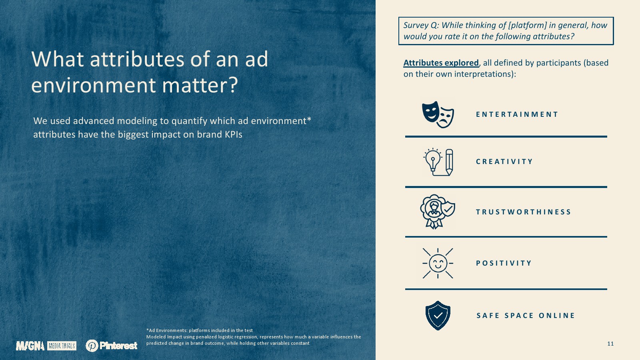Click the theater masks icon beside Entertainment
point(438,114)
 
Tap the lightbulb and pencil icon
point(438,162)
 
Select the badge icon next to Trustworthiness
point(438,212)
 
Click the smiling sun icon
point(438,263)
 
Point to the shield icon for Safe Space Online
point(438,316)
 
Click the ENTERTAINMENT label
point(517,114)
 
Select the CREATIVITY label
point(504,162)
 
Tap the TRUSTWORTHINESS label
point(523,212)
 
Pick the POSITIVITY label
point(504,263)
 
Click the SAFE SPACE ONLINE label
point(526,316)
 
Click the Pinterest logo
point(112,346)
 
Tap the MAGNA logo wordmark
point(30,346)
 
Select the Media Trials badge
point(62,346)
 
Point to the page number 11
point(610,344)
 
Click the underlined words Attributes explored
point(441,63)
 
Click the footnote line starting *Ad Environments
point(200,330)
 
